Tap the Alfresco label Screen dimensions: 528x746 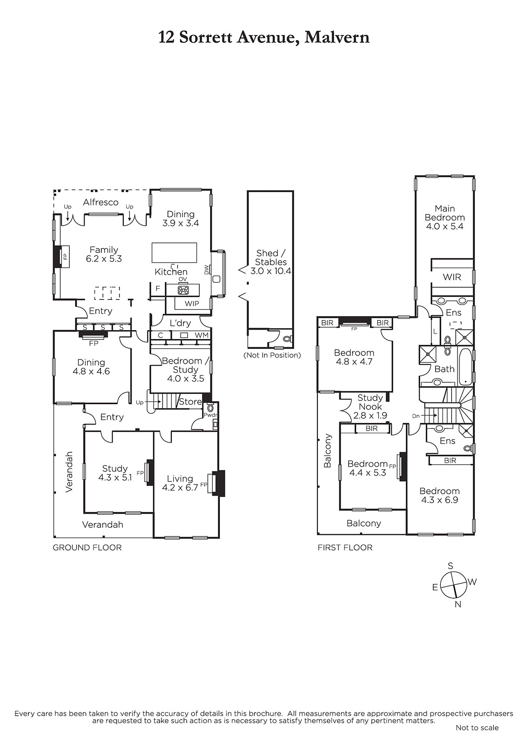click(x=101, y=202)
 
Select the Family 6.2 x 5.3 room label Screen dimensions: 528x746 click(x=104, y=254)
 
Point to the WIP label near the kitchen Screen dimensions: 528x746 click(x=191, y=304)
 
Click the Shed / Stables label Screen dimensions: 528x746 click(x=271, y=262)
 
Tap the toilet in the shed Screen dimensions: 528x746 click(x=287, y=339)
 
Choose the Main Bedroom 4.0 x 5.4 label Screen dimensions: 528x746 click(x=444, y=217)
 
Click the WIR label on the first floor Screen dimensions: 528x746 click(x=452, y=277)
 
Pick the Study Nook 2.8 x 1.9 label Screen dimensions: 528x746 click(x=370, y=406)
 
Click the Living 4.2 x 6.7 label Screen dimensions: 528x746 click(x=180, y=483)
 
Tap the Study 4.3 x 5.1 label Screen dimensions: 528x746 click(x=115, y=473)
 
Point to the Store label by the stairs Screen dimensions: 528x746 click(x=190, y=401)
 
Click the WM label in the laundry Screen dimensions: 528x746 click(x=202, y=335)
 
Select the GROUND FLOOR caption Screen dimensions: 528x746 click(x=87, y=547)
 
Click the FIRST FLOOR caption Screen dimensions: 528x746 click(x=345, y=547)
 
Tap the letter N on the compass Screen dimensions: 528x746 click(x=458, y=604)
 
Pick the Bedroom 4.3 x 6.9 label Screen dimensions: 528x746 click(x=440, y=495)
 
